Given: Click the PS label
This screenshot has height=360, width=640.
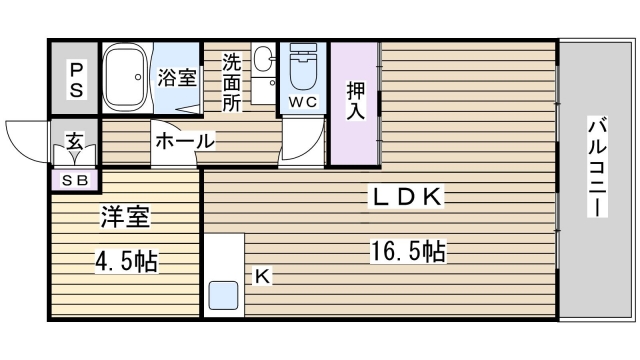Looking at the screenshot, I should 76,78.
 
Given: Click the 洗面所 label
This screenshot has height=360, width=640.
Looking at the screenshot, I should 231,79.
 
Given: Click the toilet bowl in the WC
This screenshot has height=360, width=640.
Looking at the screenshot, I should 301,68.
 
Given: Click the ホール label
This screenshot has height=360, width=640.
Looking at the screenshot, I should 184,142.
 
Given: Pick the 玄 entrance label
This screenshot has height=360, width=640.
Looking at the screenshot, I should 76,142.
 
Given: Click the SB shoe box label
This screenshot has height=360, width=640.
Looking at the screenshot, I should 76,181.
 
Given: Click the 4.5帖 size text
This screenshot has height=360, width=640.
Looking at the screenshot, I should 126,262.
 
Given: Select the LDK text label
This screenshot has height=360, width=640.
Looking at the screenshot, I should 408,197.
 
